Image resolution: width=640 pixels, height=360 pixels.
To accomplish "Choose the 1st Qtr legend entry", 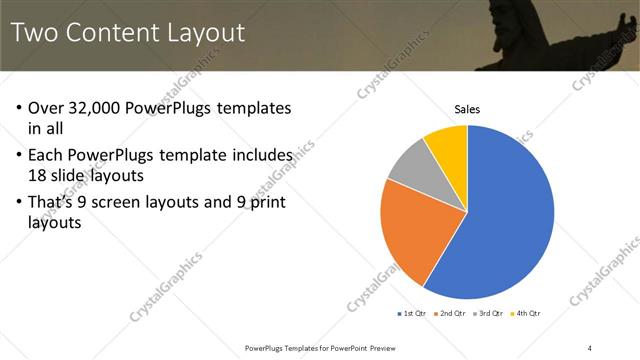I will tap(411, 314).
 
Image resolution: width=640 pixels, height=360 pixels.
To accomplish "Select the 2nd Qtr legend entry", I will tap(449, 314).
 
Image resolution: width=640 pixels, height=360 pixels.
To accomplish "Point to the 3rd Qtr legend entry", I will tap(487, 314).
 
